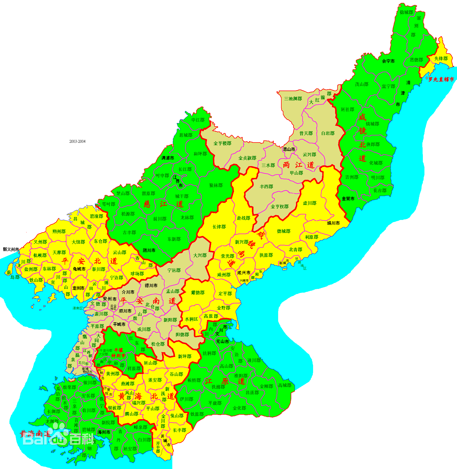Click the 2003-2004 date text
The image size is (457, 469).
pos(77,141)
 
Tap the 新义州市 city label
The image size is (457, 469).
pos(11,249)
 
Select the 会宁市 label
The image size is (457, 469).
pos(388,61)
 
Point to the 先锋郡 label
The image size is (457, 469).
pos(441,59)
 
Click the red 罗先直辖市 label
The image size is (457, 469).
pos(441,79)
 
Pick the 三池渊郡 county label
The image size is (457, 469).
pos(293,99)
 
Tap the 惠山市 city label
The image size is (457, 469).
pos(289,149)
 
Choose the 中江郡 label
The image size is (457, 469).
pos(198,120)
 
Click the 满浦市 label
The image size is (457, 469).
pos(168,158)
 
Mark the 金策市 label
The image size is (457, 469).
pos(348,199)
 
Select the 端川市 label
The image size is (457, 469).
pos(333,223)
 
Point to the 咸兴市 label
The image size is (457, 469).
pos(244,273)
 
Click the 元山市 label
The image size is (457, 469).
pos(222,341)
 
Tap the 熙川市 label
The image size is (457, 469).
pos(149,250)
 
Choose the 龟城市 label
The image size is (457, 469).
pos(79,269)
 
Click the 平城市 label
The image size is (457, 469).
pos(119,324)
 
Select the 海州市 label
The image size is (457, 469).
pos(104,432)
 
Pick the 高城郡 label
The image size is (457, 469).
pos(285,385)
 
